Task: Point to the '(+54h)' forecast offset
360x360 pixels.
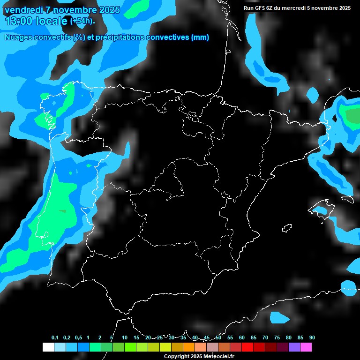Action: pyautogui.click(x=82, y=21)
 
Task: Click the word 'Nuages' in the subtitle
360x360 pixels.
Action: pyautogui.click(x=19, y=37)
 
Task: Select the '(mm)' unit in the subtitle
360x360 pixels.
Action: pyautogui.click(x=200, y=37)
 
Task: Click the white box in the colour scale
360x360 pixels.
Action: pyautogui.click(x=48, y=347)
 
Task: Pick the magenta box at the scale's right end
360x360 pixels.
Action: pyautogui.click(x=306, y=347)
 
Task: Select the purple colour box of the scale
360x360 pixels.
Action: pyautogui.click(x=294, y=347)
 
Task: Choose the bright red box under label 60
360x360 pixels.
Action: pyautogui.click(x=247, y=347)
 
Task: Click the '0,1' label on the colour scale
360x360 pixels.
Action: pyautogui.click(x=55, y=338)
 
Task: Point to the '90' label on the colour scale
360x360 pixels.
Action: pyautogui.click(x=312, y=338)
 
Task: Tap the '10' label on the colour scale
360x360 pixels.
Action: pyautogui.click(x=125, y=338)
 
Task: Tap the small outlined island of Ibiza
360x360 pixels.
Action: pyautogui.click(x=287, y=228)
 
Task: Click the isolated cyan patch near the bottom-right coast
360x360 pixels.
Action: pyautogui.click(x=280, y=318)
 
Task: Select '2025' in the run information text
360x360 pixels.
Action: pyautogui.click(x=345, y=8)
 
